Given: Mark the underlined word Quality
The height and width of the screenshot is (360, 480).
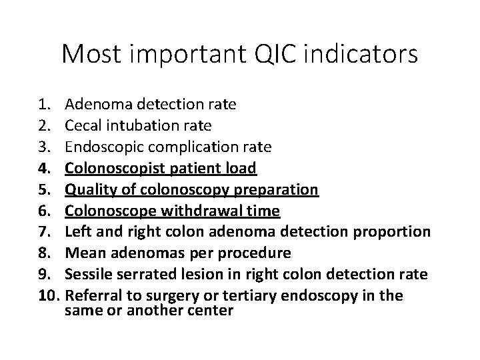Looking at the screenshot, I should point(86,190).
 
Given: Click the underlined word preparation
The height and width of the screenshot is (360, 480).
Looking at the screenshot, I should point(280,190).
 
